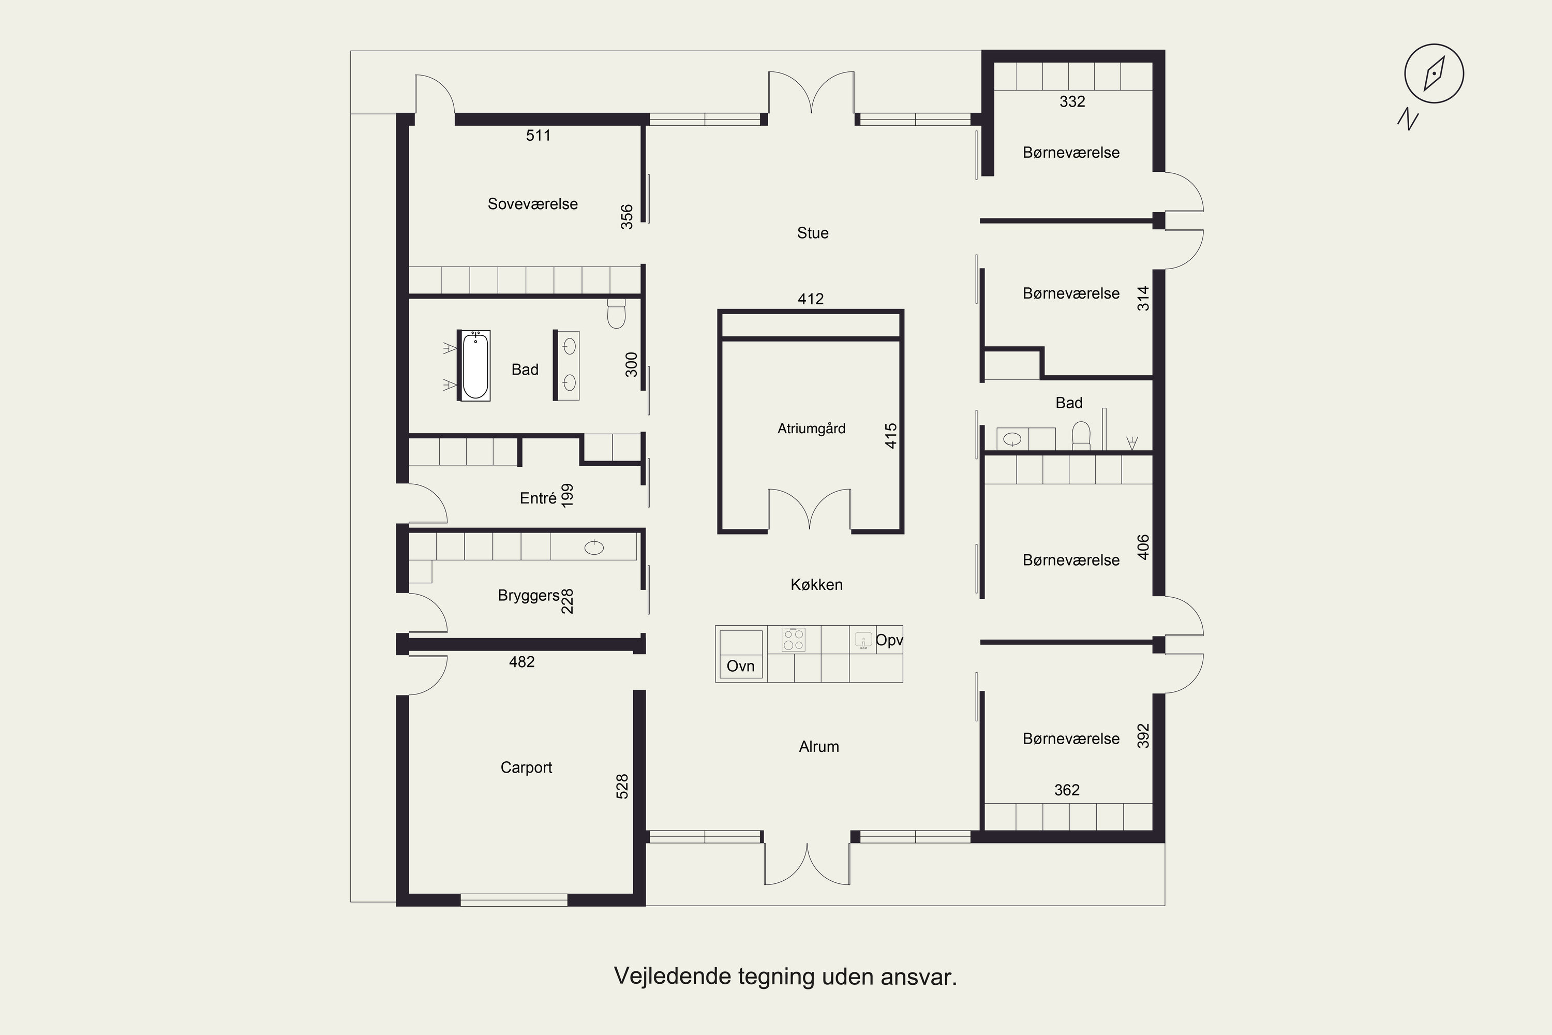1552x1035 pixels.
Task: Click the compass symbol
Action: coord(1434,73)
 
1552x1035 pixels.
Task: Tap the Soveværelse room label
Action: coord(532,204)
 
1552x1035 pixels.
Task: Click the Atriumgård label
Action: coord(811,428)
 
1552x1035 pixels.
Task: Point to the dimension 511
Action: coord(538,135)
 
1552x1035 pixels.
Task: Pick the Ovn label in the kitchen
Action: coord(740,666)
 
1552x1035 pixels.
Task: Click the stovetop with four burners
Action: coord(793,639)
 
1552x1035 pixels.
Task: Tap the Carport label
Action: coord(526,767)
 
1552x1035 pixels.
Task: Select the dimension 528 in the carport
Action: coord(622,787)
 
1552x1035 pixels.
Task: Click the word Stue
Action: coord(812,233)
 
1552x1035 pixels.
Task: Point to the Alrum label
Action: coord(819,747)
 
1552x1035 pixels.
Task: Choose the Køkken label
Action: coord(816,584)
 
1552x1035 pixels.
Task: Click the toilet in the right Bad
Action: coord(1081,436)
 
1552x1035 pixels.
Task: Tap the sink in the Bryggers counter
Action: coord(594,547)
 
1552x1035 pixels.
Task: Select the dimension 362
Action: coord(1066,790)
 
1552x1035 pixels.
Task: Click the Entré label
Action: coord(538,498)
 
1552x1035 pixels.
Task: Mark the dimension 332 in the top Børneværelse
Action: coord(1072,101)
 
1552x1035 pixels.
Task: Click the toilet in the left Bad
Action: coord(616,314)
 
